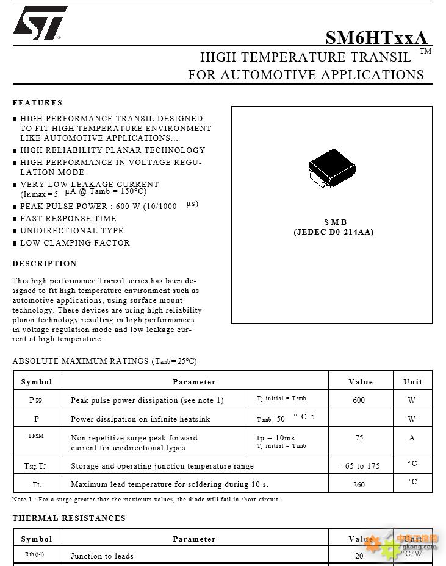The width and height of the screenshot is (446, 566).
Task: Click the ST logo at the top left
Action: tap(39, 24)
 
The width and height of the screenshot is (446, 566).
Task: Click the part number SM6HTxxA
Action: tap(376, 38)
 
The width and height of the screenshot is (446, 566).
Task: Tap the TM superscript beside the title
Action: tap(425, 51)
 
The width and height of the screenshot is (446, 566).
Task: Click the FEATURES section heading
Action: tap(37, 103)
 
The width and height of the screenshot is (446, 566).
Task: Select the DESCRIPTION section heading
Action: tap(45, 264)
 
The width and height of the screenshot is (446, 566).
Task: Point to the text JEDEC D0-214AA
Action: tap(333, 232)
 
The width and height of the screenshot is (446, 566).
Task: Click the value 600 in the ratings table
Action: tap(359, 400)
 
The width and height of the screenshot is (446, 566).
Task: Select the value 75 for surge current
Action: tap(359, 437)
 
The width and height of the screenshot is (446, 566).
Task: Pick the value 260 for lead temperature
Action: tap(359, 484)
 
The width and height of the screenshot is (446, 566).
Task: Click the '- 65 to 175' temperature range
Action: tap(360, 466)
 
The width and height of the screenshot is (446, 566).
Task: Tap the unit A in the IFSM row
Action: tap(412, 437)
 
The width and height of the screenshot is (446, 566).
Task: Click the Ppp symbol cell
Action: tap(36, 400)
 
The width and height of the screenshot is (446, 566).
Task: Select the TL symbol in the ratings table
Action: tap(37, 484)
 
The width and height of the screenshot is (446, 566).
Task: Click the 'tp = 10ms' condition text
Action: tap(276, 437)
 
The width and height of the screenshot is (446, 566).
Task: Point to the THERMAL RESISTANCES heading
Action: tap(69, 518)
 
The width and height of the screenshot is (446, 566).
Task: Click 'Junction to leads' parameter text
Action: tap(102, 556)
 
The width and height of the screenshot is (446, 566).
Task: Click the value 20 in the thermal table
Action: tap(359, 556)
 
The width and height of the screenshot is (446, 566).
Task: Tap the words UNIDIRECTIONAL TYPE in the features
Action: tap(72, 231)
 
